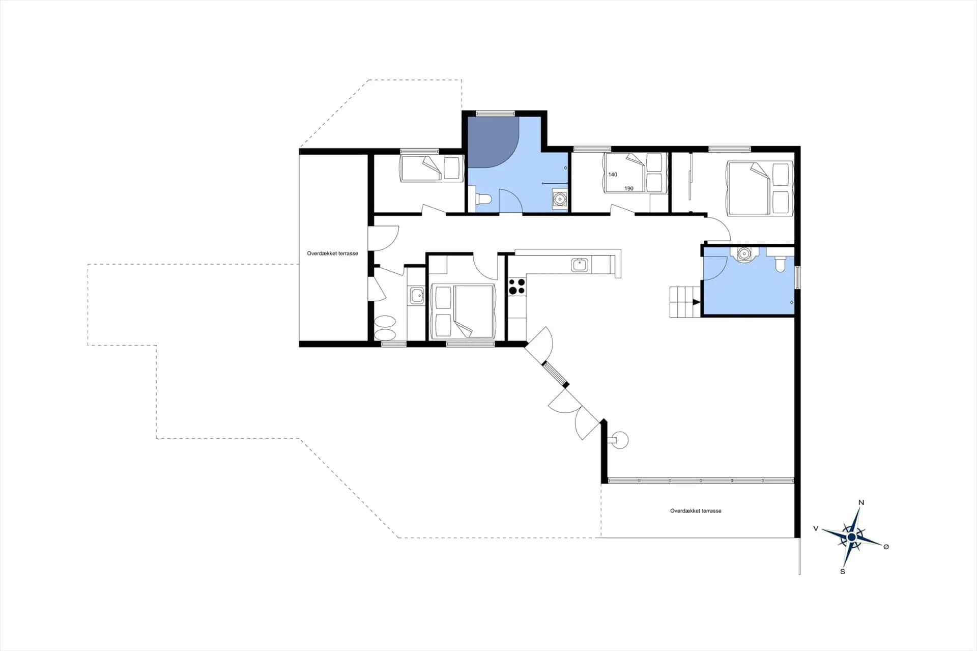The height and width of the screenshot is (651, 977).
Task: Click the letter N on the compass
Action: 861,503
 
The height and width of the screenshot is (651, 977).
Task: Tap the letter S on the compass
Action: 843,572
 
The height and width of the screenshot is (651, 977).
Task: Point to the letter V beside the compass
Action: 816,528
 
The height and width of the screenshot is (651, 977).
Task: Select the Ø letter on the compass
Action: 886,547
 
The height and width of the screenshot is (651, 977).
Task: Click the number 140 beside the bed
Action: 613,175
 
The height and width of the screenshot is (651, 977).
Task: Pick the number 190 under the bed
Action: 629,188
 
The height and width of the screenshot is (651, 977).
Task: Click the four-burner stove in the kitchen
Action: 516,286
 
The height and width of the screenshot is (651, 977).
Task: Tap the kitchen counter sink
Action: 579,265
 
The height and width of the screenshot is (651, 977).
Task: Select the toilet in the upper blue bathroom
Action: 483,199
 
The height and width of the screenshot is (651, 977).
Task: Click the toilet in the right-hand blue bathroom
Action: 780,264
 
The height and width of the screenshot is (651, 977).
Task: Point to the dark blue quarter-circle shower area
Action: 489,140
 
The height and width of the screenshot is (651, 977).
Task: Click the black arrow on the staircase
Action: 696,302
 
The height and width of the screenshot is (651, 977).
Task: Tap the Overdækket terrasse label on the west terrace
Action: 332,253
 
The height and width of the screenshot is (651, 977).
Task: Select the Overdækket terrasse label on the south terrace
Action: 696,511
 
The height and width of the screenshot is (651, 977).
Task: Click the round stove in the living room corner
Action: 620,440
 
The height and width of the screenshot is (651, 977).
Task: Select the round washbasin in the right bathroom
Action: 744,253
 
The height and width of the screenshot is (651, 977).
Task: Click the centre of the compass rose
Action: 851,537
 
